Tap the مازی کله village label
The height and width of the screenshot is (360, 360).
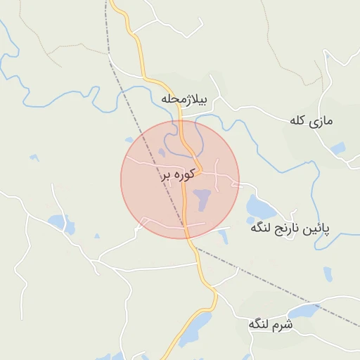click(x=311, y=121)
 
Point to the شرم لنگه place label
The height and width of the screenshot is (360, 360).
click(x=270, y=326)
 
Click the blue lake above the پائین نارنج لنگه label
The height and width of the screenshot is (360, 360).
click(x=261, y=207)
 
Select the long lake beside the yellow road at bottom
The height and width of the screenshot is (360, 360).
click(x=195, y=328)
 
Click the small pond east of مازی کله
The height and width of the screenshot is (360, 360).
click(x=338, y=148)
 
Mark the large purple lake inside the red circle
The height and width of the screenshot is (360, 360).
click(x=202, y=198)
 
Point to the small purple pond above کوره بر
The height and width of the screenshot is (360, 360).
click(x=162, y=153)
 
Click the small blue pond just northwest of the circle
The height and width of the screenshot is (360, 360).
click(x=129, y=139)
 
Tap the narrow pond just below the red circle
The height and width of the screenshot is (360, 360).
click(x=223, y=236)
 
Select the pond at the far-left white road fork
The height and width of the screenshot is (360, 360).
click(x=60, y=224)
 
